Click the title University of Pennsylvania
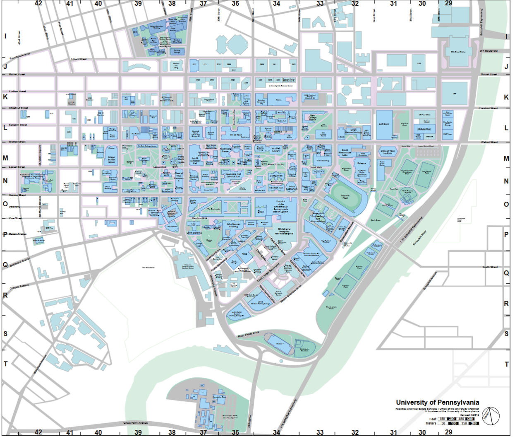(x=437, y=402)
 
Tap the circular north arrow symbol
(x=490, y=416)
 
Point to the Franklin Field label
(x=345, y=197)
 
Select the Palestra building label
(x=362, y=163)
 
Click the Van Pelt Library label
(x=276, y=150)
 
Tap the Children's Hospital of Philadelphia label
(x=284, y=231)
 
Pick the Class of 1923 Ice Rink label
(x=388, y=152)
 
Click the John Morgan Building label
(x=233, y=225)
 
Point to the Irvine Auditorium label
(x=291, y=188)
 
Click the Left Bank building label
(x=384, y=124)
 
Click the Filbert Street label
(x=79, y=59)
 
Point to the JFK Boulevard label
(x=488, y=51)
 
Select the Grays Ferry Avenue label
(x=135, y=423)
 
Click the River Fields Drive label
(x=248, y=334)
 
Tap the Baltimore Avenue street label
(x=20, y=262)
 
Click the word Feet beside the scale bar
(x=433, y=419)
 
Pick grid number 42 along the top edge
(x=38, y=3)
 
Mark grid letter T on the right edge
(x=507, y=364)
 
